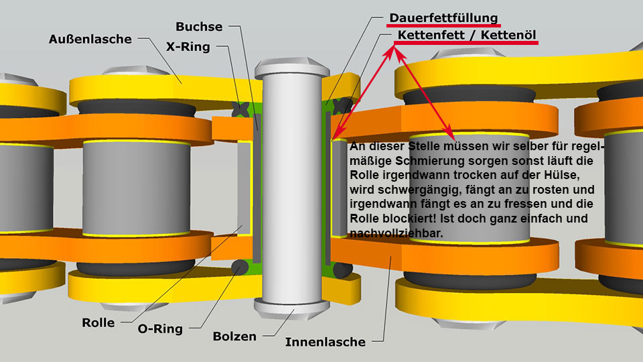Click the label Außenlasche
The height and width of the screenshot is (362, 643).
tap(90, 39)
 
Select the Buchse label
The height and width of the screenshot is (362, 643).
tap(199, 27)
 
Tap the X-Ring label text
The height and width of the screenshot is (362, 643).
tap(188, 47)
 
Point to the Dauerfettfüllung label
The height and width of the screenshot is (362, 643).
tap(443, 18)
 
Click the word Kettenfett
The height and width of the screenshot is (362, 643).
tap(431, 35)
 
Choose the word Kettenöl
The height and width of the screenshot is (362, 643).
tap(508, 35)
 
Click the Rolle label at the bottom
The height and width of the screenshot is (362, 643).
tap(98, 322)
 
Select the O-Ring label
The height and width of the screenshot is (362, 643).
tap(160, 328)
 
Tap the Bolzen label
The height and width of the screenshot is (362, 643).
tap(234, 337)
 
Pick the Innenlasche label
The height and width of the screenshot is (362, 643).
tap(326, 342)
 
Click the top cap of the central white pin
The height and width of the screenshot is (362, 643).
tap(292, 67)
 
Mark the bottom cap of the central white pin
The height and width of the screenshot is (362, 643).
tap(292, 308)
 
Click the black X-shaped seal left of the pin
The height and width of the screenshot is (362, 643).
tap(240, 109)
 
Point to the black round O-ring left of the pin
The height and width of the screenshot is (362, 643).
tap(240, 268)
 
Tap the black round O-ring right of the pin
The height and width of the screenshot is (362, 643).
tap(342, 270)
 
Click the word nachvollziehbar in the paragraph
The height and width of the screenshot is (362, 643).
tap(396, 233)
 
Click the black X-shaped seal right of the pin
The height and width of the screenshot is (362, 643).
tap(342, 106)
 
